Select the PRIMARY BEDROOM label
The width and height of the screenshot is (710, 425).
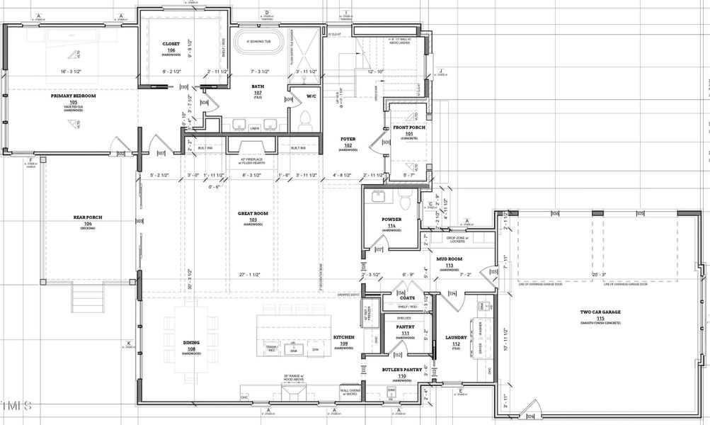(73, 96)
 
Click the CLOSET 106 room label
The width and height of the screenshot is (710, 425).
(171, 44)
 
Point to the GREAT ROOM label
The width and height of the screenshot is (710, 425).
(253, 212)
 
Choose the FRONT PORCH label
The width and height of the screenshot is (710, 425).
(408, 127)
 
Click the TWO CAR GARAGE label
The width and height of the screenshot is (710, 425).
(600, 312)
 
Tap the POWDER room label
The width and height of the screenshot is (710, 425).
(391, 220)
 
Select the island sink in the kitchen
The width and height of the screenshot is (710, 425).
(293, 348)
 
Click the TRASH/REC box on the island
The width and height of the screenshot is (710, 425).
(270, 348)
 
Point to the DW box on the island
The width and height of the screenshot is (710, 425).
(315, 348)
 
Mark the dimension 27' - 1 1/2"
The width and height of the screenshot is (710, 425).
(251, 273)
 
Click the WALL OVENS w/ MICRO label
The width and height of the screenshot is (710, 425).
(352, 390)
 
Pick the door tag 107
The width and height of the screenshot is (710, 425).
(161, 152)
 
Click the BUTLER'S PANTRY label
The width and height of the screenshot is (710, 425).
(401, 370)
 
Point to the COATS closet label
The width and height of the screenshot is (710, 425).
(407, 297)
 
